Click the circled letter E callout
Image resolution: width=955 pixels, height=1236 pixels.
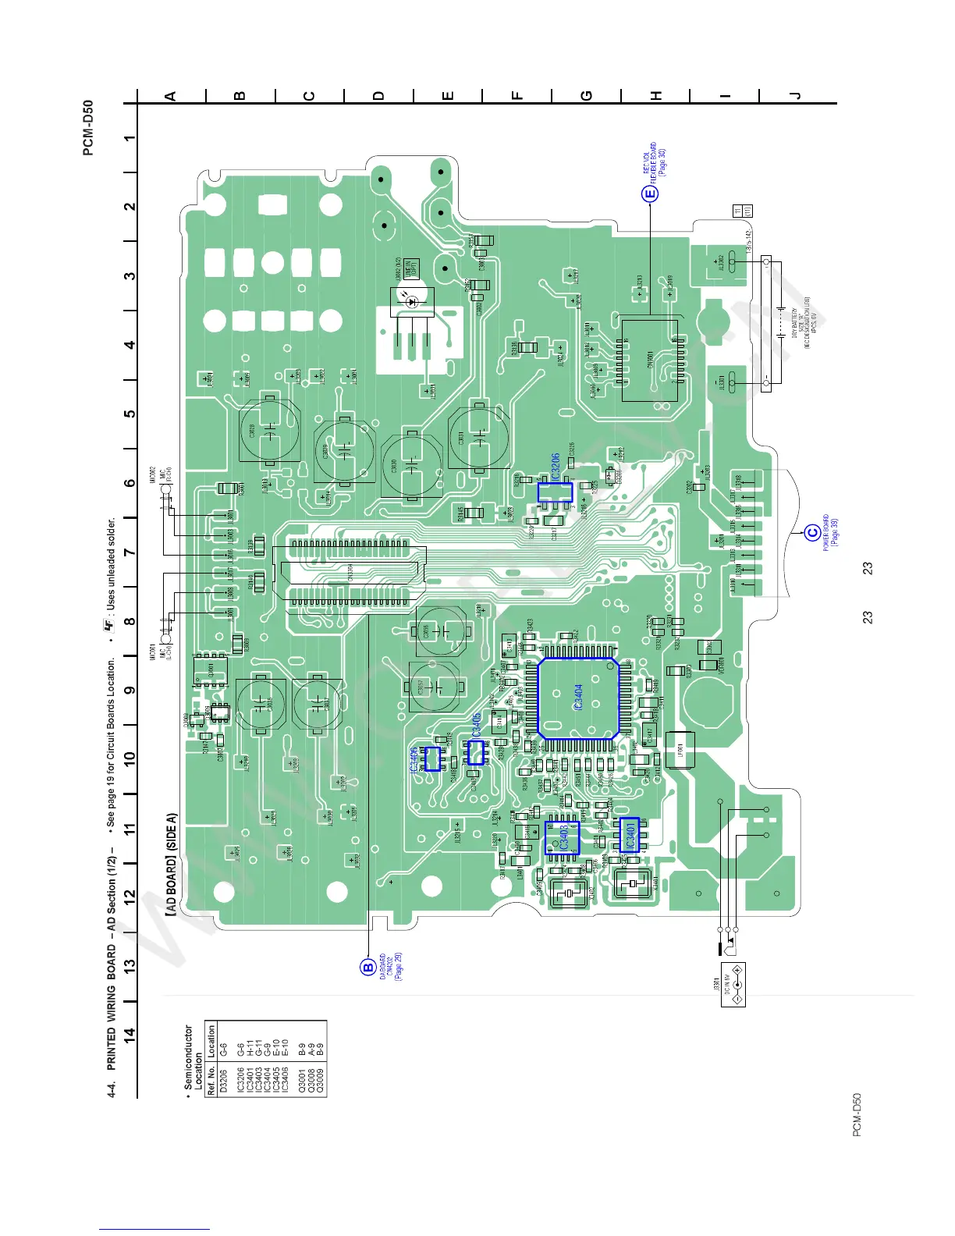[650, 194]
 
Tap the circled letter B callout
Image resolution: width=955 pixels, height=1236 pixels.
[367, 968]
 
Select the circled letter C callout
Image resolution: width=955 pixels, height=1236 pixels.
[812, 533]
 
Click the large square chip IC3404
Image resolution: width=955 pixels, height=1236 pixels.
[577, 698]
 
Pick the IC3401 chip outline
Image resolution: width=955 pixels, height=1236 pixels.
[628, 835]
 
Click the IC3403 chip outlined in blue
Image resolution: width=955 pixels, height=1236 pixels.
[562, 840]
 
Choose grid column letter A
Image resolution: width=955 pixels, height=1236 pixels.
[171, 96]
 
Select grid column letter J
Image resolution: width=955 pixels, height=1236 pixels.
[795, 96]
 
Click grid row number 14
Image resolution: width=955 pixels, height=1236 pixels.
[130, 1035]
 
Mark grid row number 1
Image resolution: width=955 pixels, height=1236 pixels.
[130, 138]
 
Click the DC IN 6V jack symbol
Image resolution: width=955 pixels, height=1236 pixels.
[733, 985]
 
